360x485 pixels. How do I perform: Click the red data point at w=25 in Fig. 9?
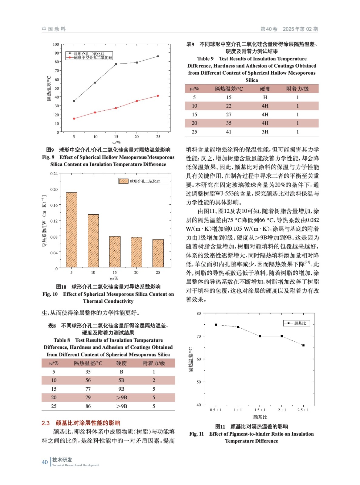tap(158, 96)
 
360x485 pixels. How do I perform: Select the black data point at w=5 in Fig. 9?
tap(74, 101)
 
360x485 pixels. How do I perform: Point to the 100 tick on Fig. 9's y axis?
tap(56, 44)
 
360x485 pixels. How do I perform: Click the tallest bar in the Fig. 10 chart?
tap(72, 229)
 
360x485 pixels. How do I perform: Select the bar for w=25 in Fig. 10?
tap(158, 253)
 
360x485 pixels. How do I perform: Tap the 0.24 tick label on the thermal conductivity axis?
tap(54, 174)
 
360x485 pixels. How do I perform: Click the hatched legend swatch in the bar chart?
tap(123, 181)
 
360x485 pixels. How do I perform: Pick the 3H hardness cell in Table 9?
tap(265, 132)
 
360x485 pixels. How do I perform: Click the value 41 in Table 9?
tap(229, 132)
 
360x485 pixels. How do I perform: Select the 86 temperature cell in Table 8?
tap(88, 406)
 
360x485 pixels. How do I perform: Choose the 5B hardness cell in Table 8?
tap(121, 380)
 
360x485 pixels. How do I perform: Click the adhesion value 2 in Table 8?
tap(154, 380)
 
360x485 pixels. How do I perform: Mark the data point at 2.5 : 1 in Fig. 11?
tap(303, 345)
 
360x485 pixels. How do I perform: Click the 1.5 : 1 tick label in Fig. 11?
tap(260, 410)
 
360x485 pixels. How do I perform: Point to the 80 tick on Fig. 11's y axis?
tap(199, 313)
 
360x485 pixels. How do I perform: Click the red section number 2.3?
tap(45, 423)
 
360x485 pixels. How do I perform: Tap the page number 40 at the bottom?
tap(45, 462)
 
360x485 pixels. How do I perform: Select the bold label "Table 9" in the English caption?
tap(205, 59)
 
